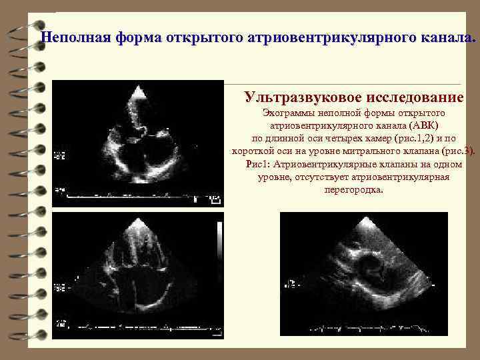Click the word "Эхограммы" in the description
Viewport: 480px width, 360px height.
[287, 114]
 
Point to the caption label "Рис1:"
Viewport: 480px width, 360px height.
[258, 164]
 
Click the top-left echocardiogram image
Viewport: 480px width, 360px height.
[138, 143]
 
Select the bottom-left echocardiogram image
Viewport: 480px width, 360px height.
[138, 275]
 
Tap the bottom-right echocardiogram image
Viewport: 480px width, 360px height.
[356, 275]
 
